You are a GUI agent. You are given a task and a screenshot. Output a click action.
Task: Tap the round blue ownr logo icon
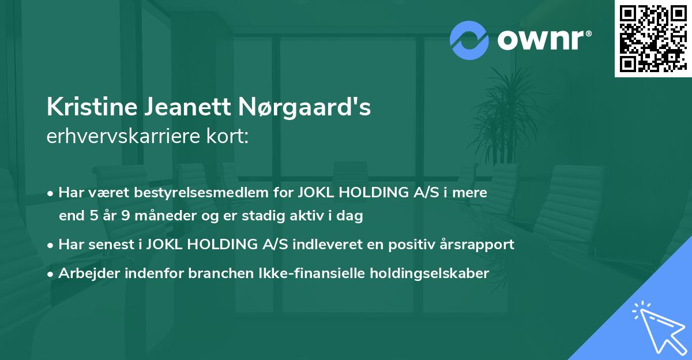pos(469,40)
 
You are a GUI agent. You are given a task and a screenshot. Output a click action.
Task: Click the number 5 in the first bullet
pos(95,216)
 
